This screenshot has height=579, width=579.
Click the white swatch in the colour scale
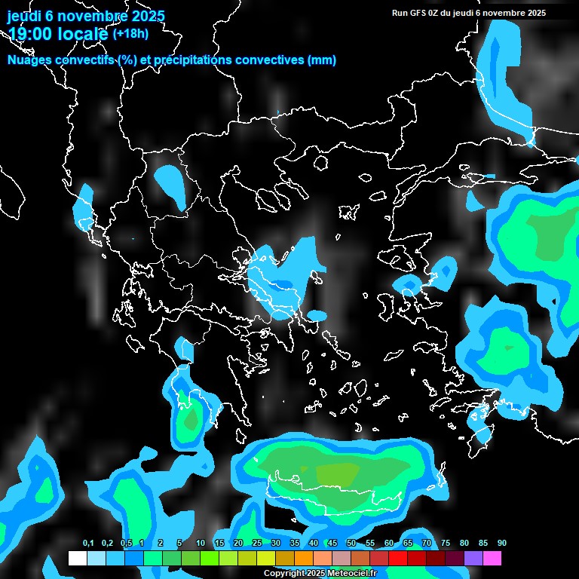click(78, 559)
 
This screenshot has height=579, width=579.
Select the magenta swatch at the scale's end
click(492, 559)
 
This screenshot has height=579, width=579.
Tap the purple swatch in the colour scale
click(473, 559)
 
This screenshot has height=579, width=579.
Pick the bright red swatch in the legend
click(398, 559)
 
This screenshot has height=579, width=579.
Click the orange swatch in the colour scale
click(304, 559)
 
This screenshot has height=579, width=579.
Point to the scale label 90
click(502, 544)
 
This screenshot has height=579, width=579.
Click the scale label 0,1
click(88, 544)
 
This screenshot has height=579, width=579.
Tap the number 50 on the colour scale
click(351, 544)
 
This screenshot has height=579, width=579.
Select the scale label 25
click(257, 544)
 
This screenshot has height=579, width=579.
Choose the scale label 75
click(446, 544)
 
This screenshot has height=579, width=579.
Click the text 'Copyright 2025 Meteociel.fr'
click(320, 574)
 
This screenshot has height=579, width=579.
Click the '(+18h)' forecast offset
click(130, 33)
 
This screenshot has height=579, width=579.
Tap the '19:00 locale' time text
click(58, 34)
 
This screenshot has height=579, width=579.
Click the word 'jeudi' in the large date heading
click(23, 16)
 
